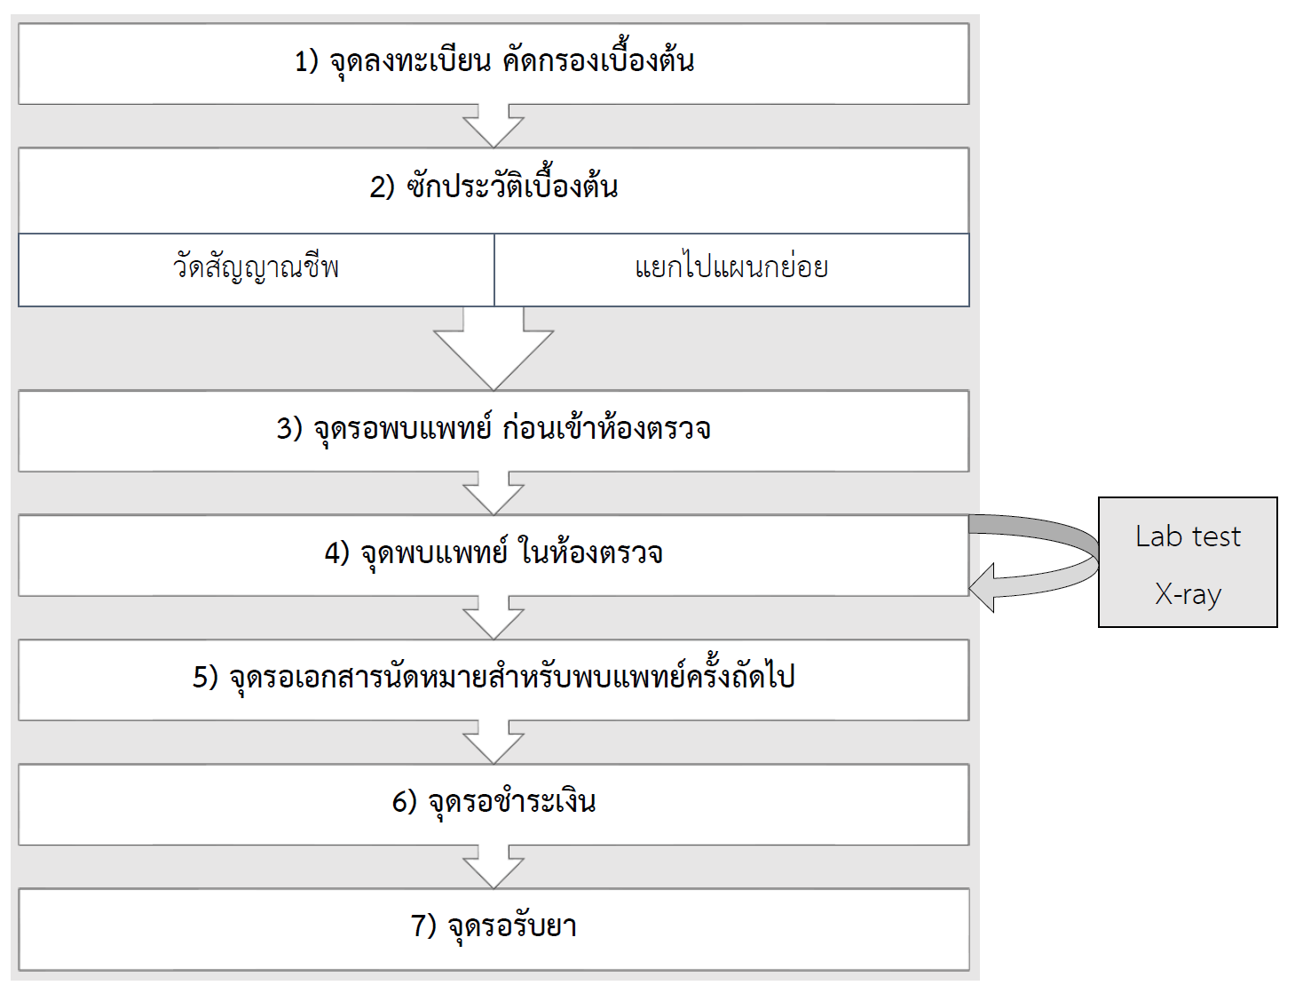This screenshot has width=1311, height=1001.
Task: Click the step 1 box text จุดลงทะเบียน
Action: pyautogui.click(x=410, y=61)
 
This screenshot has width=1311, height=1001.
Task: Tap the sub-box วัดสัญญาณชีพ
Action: pyautogui.click(x=256, y=267)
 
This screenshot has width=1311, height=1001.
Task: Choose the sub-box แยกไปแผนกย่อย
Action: pyautogui.click(x=731, y=267)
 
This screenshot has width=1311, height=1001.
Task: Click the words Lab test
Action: pyautogui.click(x=1188, y=537)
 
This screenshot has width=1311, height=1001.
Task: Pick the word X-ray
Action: pyautogui.click(x=1188, y=593)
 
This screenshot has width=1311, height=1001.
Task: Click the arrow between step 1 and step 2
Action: pyautogui.click(x=494, y=126)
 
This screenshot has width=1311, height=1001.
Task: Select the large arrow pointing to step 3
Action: pyautogui.click(x=494, y=348)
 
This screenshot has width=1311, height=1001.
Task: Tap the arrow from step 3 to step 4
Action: pyautogui.click(x=494, y=494)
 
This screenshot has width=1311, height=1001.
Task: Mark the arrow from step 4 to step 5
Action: pyautogui.click(x=494, y=618)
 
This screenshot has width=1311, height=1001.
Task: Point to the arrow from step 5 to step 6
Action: pyautogui.click(x=494, y=743)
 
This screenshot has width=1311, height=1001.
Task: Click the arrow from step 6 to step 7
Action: pyautogui.click(x=494, y=867)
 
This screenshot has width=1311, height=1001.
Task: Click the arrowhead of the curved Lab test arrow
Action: pyautogui.click(x=983, y=588)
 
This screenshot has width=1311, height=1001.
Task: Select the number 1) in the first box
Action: pyautogui.click(x=306, y=61)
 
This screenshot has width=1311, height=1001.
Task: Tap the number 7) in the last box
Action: pyautogui.click(x=423, y=926)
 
